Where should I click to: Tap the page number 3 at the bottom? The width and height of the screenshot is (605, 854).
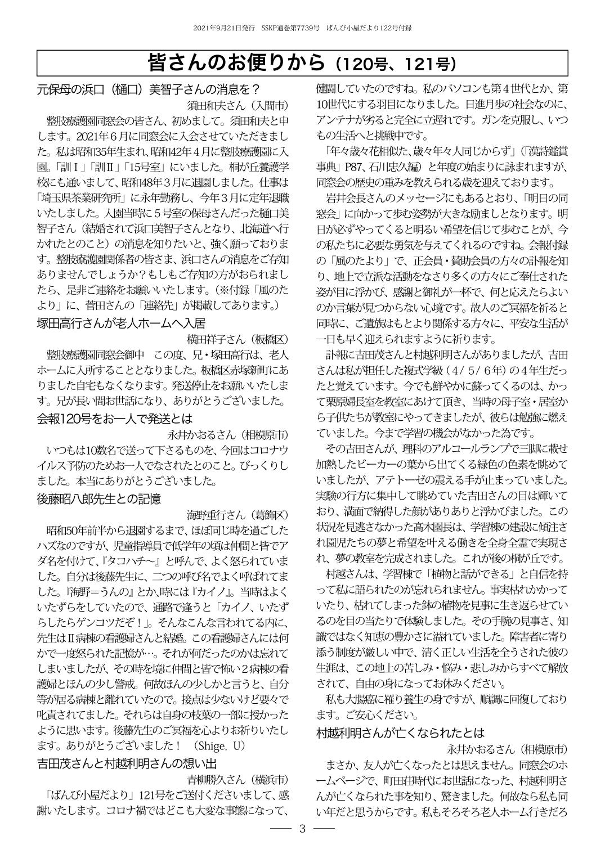(302, 829)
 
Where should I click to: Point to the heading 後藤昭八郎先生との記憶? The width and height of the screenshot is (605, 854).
(98, 499)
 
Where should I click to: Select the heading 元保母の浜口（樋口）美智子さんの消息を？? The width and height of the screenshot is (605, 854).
(147, 89)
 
